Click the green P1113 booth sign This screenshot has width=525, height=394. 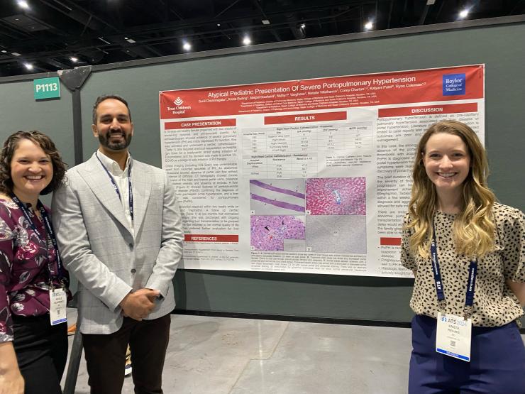click(x=47, y=88)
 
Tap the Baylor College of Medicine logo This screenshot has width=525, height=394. click(x=453, y=84)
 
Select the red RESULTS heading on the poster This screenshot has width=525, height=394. click(x=305, y=118)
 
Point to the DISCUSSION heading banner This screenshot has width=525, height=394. click(x=427, y=110)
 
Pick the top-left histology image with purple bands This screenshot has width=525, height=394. click(x=277, y=197)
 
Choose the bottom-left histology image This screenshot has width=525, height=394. click(x=277, y=232)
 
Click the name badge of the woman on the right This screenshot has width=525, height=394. click(x=453, y=336)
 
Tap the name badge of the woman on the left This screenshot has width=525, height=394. click(x=58, y=306)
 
